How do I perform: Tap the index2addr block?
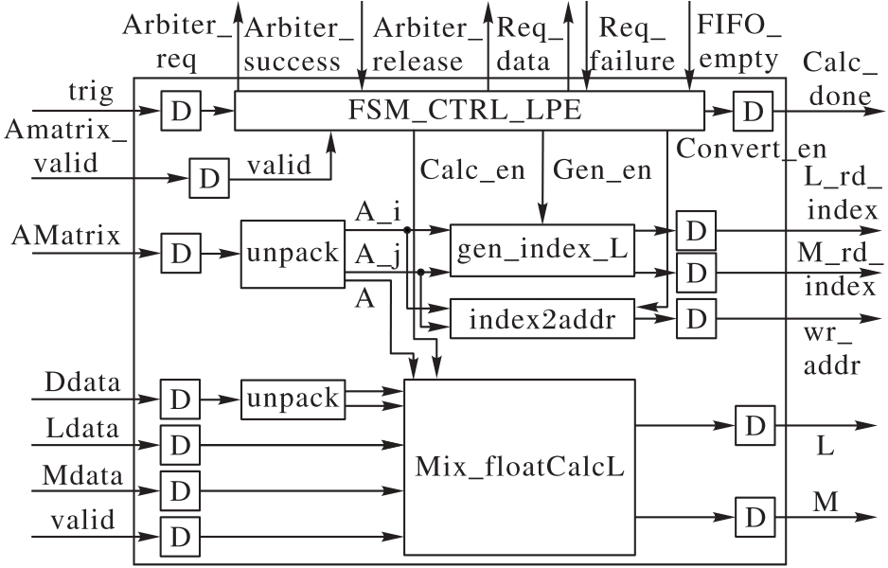click(x=539, y=320)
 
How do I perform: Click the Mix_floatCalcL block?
click(x=519, y=467)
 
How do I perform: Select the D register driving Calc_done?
click(x=753, y=112)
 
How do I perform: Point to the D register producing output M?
click(x=754, y=517)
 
